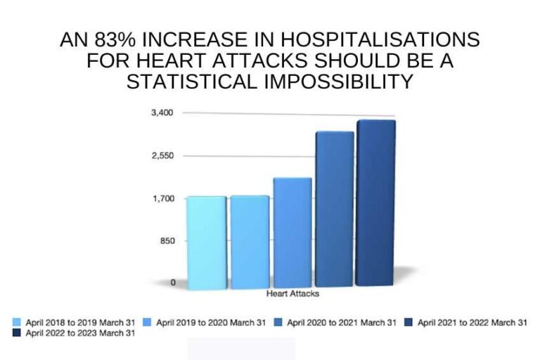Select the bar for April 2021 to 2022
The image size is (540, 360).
click(x=334, y=209)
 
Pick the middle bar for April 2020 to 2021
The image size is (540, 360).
click(x=292, y=232)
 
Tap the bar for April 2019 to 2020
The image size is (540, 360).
click(x=250, y=242)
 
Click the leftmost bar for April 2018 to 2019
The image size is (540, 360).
click(x=206, y=242)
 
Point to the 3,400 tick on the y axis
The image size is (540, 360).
click(x=164, y=112)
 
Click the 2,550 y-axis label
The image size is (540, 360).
click(x=164, y=155)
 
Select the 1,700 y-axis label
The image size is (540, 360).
click(x=164, y=198)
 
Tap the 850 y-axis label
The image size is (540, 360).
click(x=167, y=240)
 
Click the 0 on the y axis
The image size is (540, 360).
click(x=173, y=283)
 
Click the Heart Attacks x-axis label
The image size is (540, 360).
click(x=293, y=293)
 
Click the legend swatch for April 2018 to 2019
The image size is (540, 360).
click(x=17, y=323)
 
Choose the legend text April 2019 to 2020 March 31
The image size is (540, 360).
click(x=211, y=323)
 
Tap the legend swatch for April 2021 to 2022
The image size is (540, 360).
click(x=409, y=323)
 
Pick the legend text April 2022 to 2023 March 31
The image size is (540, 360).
click(x=80, y=334)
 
